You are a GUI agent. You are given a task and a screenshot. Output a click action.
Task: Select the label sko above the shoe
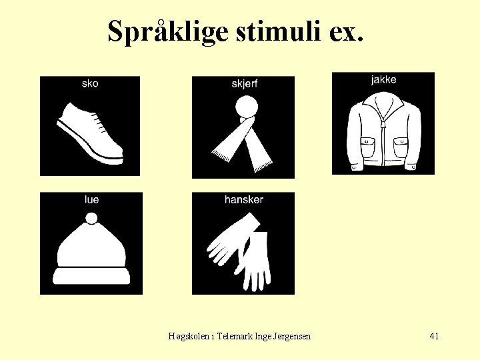[90, 83]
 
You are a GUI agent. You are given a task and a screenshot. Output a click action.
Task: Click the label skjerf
[244, 83]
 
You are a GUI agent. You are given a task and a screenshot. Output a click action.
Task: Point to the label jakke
[383, 79]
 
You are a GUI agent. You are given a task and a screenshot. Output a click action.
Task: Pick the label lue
[91, 199]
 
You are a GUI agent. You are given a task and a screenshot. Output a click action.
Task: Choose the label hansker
[243, 199]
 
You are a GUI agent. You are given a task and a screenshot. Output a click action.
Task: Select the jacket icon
[383, 130]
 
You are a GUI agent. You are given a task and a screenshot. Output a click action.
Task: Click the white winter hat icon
[91, 250]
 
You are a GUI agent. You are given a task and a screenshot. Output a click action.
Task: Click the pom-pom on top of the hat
[91, 218]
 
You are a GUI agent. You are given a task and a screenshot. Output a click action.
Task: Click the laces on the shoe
[97, 123]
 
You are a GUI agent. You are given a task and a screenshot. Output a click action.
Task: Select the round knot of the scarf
[246, 107]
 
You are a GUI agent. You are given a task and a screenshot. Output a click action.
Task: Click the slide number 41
[434, 336]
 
